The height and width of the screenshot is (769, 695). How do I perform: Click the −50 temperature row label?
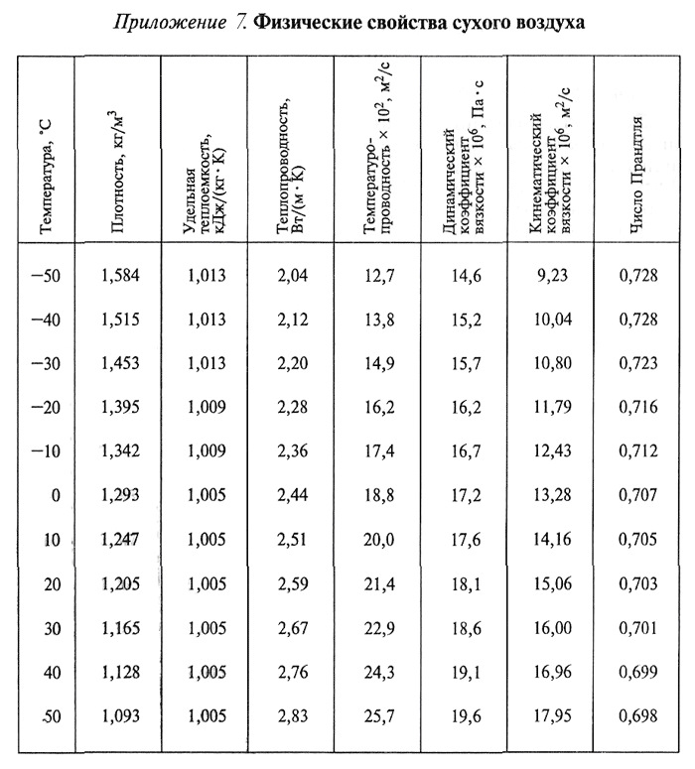tap(44, 276)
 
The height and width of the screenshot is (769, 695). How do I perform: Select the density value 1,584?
tap(118, 276)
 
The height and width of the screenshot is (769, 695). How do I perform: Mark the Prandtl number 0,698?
tap(638, 715)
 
